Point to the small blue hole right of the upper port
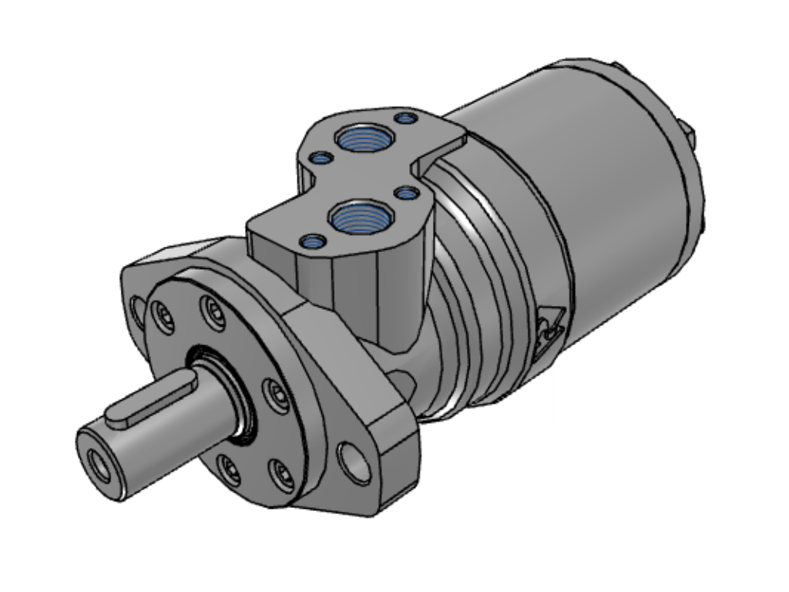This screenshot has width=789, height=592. [x=405, y=118]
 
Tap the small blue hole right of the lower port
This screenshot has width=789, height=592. [x=405, y=193]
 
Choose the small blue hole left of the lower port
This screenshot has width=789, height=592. [x=312, y=242]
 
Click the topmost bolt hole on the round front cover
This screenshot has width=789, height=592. [x=213, y=311]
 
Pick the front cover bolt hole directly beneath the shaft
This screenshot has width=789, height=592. [x=228, y=467]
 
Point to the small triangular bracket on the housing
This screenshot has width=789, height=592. [x=552, y=325]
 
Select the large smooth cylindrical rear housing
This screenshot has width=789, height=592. [x=586, y=193]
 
